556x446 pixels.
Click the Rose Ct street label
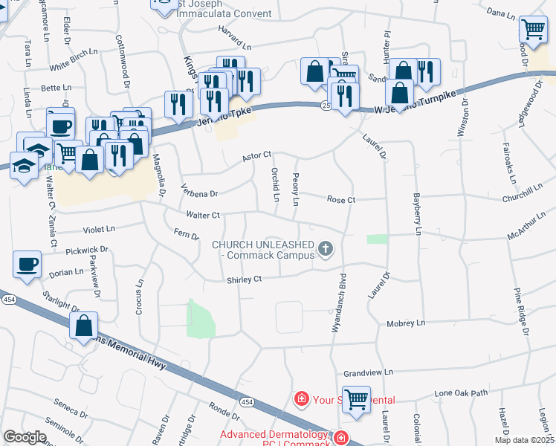pyautogui.click(x=342, y=200)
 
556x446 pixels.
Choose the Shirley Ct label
pyautogui.click(x=245, y=279)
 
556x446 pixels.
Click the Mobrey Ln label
pyautogui.click(x=406, y=323)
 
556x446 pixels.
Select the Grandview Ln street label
pyautogui.click(x=368, y=373)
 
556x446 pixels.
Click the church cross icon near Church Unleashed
pyautogui.click(x=325, y=248)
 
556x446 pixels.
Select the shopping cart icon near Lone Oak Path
pyautogui.click(x=356, y=398)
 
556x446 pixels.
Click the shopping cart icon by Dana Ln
pyautogui.click(x=532, y=29)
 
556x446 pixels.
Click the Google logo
pyautogui.click(x=25, y=437)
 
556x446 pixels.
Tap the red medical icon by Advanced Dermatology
pyautogui.click(x=340, y=438)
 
